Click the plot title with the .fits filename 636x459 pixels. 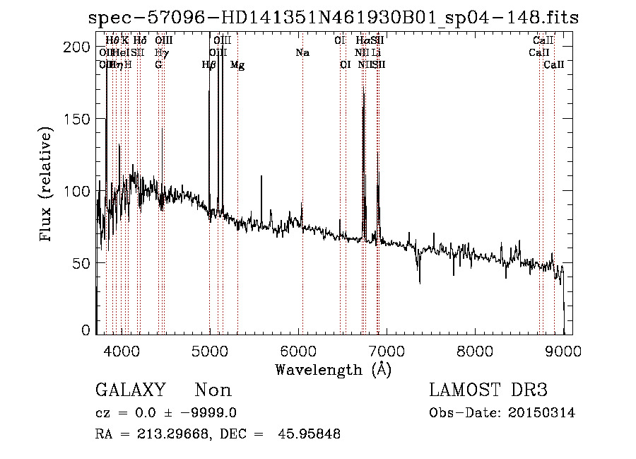tap(333, 18)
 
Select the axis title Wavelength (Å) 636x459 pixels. tap(333, 369)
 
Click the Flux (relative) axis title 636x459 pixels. tap(47, 186)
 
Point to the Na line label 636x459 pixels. tap(302, 53)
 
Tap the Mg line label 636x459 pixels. tap(238, 65)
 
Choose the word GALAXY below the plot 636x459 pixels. tap(130, 390)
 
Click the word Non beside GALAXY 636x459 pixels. tap(213, 390)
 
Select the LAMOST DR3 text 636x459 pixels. tap(488, 390)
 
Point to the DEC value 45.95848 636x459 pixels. tap(310, 434)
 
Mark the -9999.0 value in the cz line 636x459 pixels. tap(210, 413)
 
